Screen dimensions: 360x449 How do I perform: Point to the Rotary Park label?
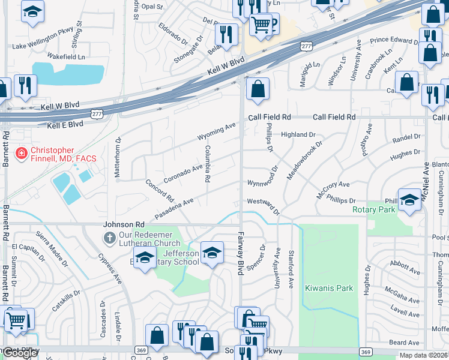373,209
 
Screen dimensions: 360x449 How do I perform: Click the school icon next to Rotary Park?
409,200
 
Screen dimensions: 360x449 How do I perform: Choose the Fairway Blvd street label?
240,253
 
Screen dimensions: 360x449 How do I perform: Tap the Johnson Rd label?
124,224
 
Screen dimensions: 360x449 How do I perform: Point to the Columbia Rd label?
207,164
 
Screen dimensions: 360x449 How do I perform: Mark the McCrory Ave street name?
333,190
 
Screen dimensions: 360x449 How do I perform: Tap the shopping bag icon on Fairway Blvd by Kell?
258,89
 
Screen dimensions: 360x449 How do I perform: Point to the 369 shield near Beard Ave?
364,351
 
